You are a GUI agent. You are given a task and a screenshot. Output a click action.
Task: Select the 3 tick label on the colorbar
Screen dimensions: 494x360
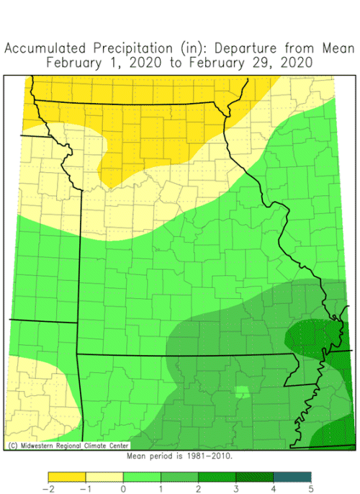[x=236, y=488]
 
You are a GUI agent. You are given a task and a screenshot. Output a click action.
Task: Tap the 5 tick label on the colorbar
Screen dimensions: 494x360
[x=311, y=488]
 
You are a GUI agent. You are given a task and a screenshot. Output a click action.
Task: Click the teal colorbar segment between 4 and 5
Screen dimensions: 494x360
[x=292, y=476]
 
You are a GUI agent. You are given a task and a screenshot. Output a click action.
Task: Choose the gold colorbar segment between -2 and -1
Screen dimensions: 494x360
[x=67, y=476]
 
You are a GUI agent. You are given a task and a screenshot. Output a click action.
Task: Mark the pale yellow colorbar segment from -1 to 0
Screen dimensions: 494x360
[x=104, y=476]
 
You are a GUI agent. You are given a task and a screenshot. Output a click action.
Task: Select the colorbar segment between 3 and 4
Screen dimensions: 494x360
[x=255, y=476]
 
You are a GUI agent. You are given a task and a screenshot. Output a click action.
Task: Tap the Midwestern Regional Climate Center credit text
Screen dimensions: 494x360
[x=53, y=446]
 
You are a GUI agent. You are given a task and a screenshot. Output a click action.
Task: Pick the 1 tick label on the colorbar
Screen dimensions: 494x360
[x=161, y=488]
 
